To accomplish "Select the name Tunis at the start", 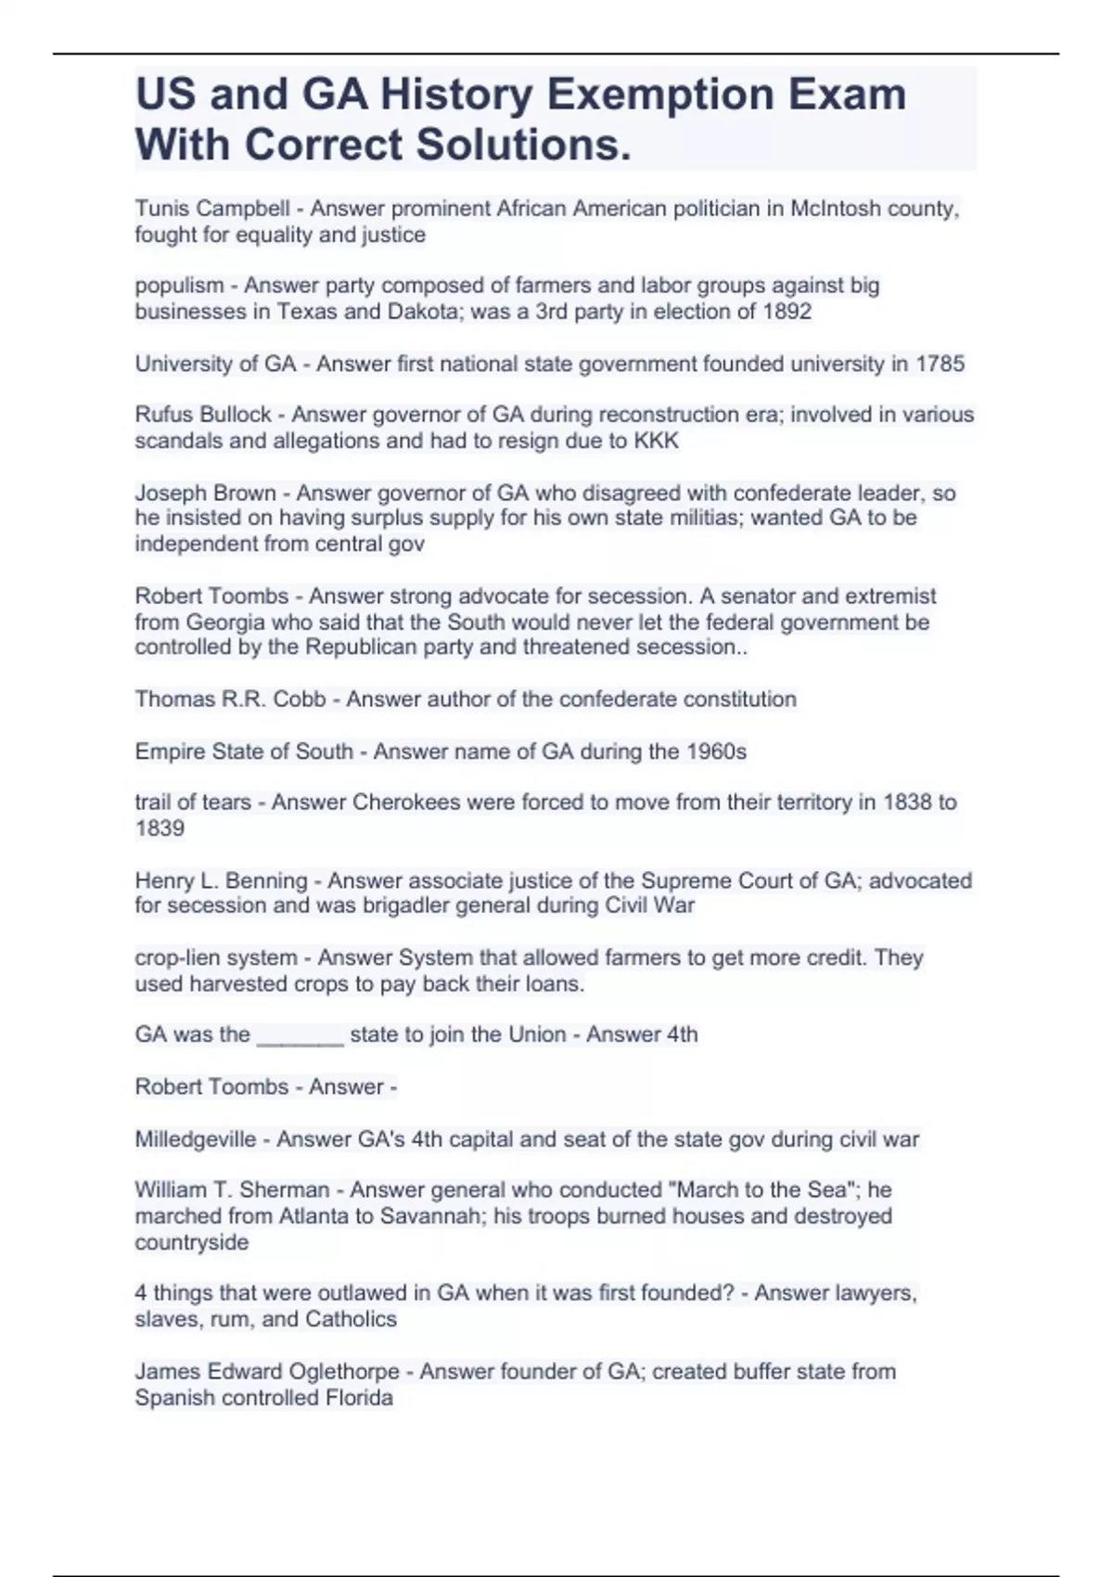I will click(x=160, y=209).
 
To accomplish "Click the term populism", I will click(x=179, y=286).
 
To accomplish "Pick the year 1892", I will click(x=787, y=312).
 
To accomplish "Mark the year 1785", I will click(x=940, y=364).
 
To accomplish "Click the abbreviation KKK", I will click(x=656, y=441).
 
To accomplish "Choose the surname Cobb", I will click(x=300, y=699).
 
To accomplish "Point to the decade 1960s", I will click(x=716, y=750).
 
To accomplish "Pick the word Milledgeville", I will click(x=196, y=1139).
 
